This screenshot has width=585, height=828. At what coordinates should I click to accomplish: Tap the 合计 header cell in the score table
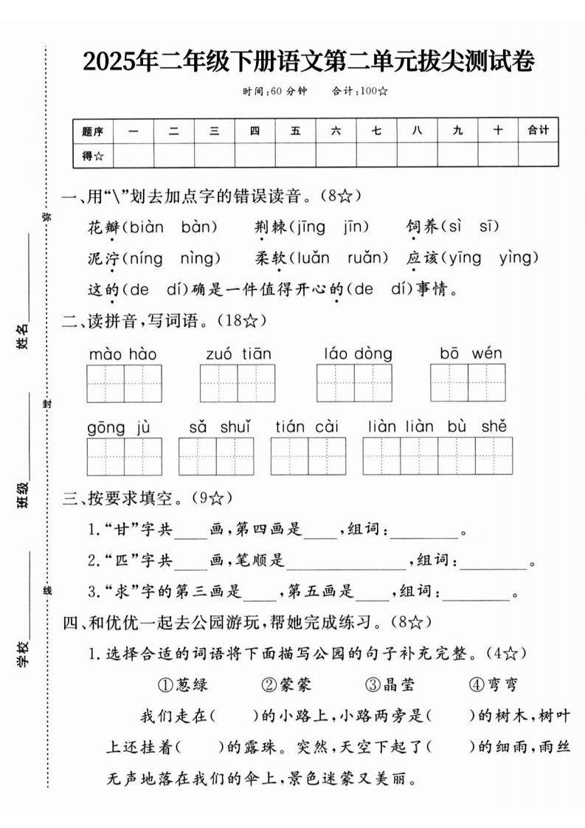coord(539,130)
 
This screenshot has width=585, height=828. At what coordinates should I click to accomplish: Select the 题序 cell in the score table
coord(93,131)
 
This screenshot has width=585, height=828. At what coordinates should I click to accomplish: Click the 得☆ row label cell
coord(93,155)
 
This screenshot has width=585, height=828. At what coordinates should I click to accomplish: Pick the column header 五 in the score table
coord(296,131)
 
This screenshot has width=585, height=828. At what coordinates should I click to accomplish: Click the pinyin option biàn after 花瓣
coord(147,227)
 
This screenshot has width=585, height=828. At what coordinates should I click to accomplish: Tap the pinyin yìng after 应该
coord(520,258)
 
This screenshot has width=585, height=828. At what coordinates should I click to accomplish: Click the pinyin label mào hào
coord(123,354)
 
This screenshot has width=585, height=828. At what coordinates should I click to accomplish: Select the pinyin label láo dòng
coord(358,354)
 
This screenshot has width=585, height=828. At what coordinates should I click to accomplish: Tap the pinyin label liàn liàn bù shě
coord(437,427)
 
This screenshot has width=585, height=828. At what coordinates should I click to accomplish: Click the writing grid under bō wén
coord(468,383)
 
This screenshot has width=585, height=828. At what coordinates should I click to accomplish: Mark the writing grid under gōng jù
coord(124,456)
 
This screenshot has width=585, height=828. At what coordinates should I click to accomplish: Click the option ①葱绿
coord(184,684)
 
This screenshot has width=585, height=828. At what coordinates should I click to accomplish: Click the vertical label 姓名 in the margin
coord(24,336)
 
